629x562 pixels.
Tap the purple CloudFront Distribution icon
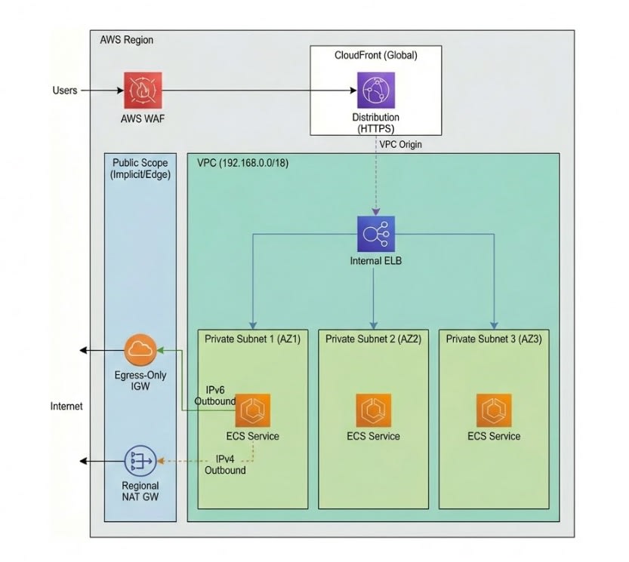(375, 91)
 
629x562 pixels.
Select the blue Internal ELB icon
(375, 234)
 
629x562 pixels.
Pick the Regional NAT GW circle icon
(140, 461)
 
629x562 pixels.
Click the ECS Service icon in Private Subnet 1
(253, 411)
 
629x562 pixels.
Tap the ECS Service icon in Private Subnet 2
(374, 411)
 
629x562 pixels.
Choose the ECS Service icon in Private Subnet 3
(494, 411)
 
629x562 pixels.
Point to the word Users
(65, 91)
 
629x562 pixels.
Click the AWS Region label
(126, 40)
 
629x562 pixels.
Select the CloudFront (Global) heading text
(375, 56)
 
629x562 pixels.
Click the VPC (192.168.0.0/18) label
(242, 163)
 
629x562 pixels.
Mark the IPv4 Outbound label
(226, 465)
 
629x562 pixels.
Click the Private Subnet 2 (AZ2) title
(373, 339)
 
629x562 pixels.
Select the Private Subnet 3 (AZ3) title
(493, 339)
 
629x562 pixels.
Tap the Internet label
(66, 407)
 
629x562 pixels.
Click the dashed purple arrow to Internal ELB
(375, 181)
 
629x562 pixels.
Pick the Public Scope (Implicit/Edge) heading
(140, 168)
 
